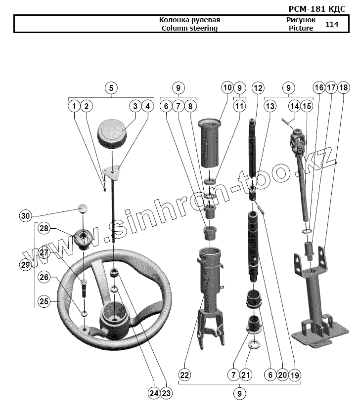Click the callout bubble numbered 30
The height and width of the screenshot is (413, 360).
[25, 216]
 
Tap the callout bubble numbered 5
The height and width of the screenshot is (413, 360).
[111, 88]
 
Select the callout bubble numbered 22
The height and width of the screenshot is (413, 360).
[184, 376]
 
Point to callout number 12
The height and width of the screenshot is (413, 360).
[258, 88]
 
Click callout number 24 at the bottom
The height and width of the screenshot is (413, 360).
[154, 394]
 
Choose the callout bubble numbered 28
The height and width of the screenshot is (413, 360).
[45, 228]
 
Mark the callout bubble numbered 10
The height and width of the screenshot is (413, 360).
[227, 88]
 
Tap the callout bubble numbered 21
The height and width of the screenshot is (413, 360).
[246, 376]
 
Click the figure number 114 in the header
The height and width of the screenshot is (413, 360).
[332, 24]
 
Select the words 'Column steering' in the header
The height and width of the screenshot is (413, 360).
[190, 28]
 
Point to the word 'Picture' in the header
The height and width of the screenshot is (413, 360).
[301, 28]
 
